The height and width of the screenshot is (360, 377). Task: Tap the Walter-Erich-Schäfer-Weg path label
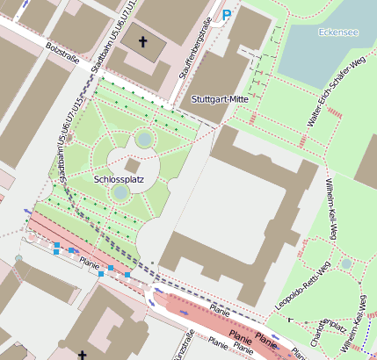(x=335, y=93)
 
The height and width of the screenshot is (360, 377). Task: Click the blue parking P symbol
(x=227, y=15)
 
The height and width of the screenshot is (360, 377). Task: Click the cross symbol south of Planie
(x=83, y=355)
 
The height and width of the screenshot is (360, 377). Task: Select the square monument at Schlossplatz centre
(x=133, y=165)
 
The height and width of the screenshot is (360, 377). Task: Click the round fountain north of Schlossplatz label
(x=145, y=139)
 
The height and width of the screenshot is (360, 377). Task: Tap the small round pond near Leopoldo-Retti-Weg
(x=346, y=263)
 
